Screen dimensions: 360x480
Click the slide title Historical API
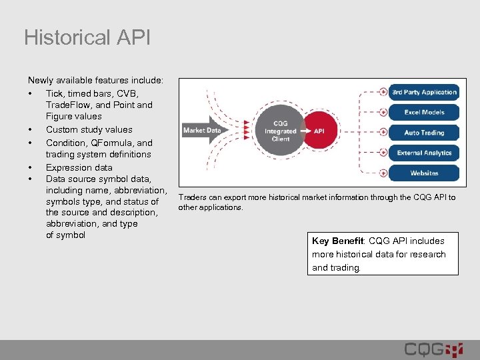87,37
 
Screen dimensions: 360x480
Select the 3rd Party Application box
424,92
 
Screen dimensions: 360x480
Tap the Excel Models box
424,112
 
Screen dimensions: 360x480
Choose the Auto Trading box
424,133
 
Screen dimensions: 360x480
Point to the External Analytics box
424,153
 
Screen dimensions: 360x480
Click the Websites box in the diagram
424,173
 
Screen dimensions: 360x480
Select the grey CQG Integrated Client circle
281,131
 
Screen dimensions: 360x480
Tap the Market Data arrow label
202,131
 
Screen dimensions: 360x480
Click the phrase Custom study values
89,130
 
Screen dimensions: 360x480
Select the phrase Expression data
79,167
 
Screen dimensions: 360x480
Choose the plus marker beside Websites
383,173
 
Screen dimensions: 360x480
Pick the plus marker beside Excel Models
383,112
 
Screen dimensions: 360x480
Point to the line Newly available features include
95,80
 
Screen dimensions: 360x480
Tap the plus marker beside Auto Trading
383,133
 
